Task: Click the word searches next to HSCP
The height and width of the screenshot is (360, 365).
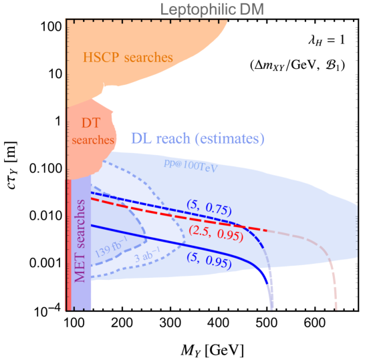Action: [148, 57]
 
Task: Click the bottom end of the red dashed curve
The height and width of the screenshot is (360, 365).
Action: [336, 309]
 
